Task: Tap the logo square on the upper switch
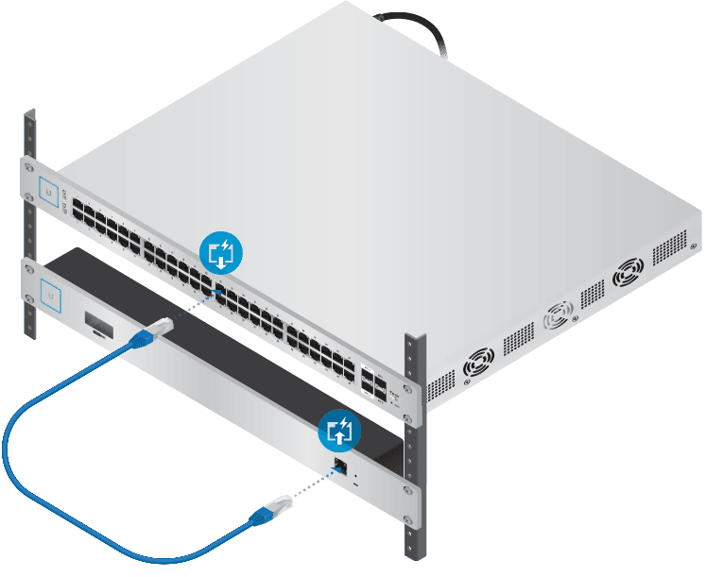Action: coord(47,189)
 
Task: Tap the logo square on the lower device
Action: coord(47,297)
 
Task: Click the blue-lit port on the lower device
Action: coord(341,466)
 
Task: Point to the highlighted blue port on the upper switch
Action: coord(219,291)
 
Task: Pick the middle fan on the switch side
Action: coord(558,315)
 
